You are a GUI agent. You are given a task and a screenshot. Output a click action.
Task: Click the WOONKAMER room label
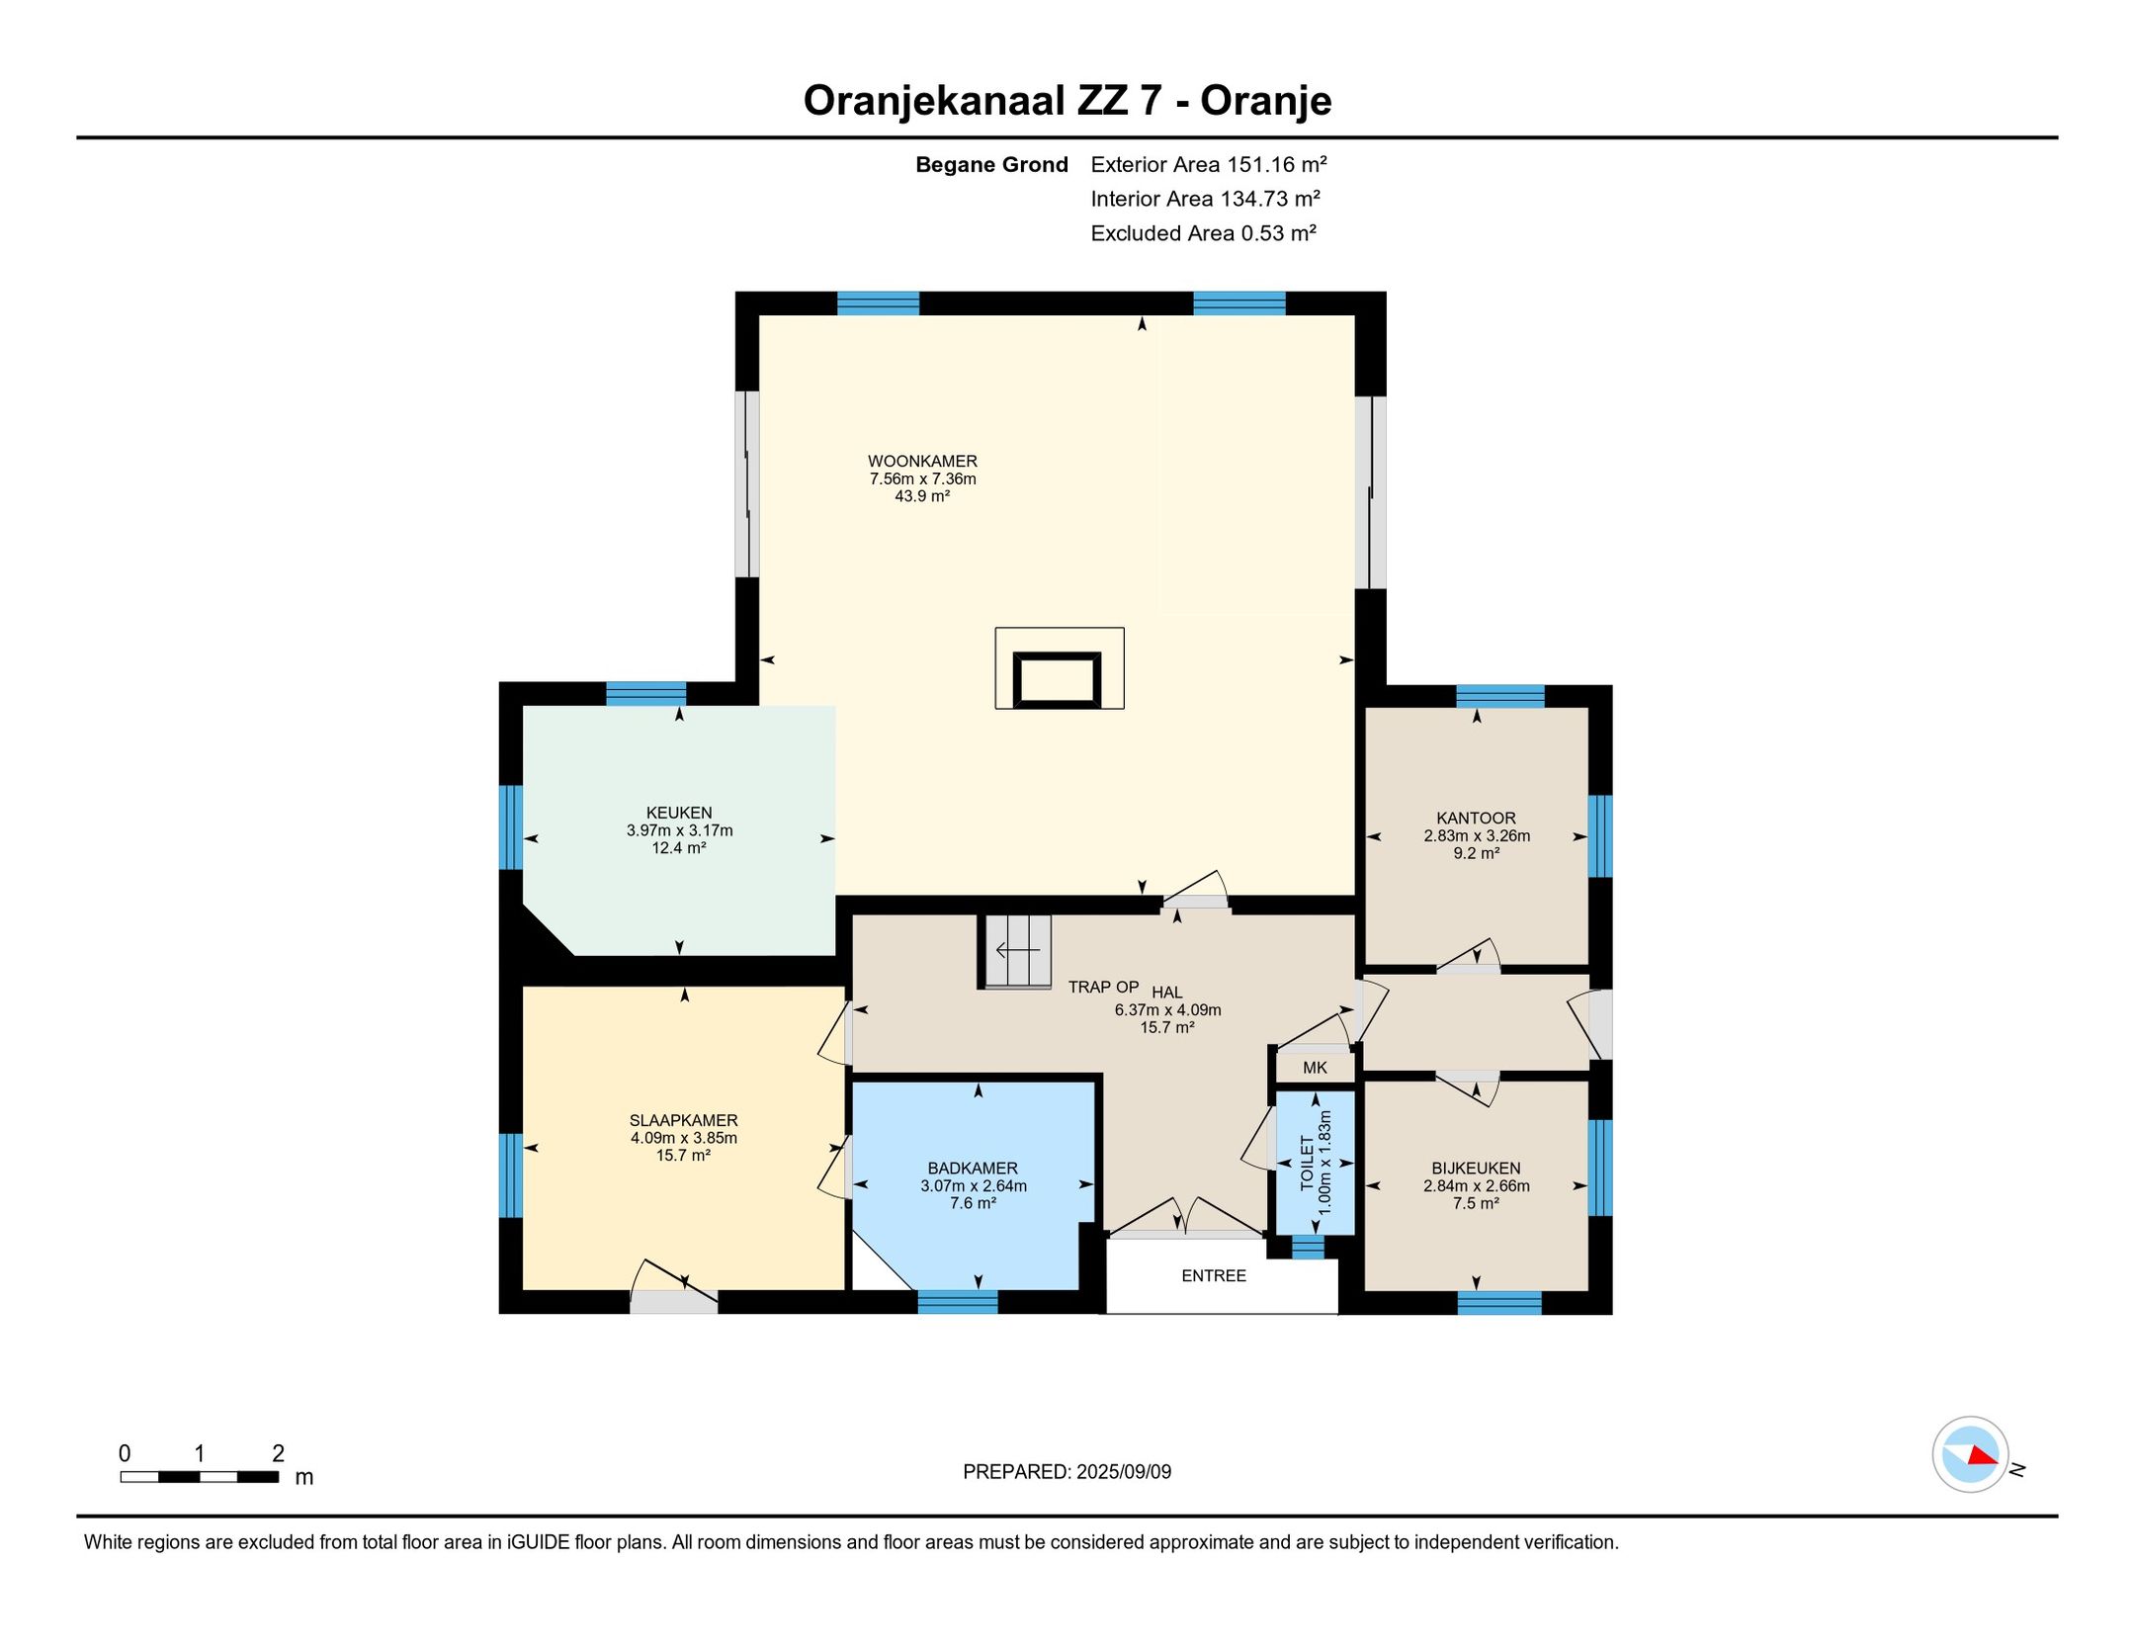pyautogui.click(x=922, y=461)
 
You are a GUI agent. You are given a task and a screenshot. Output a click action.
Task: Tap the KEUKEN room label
pyautogui.click(x=679, y=813)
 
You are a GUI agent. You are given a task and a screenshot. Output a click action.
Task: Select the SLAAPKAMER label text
pyautogui.click(x=683, y=1120)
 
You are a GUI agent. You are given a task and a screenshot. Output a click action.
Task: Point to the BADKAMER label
pyautogui.click(x=973, y=1168)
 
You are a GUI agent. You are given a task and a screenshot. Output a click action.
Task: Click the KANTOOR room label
pyautogui.click(x=1476, y=818)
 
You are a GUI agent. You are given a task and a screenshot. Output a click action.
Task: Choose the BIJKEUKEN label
pyautogui.click(x=1476, y=1168)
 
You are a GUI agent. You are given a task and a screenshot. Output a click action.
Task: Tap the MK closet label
pyautogui.click(x=1315, y=1068)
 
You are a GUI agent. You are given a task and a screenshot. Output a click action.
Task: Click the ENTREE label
pyautogui.click(x=1214, y=1275)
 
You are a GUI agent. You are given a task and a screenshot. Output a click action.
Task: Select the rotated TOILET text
pyautogui.click(x=1307, y=1163)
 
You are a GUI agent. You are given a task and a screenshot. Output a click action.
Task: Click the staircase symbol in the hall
pyautogui.click(x=1017, y=951)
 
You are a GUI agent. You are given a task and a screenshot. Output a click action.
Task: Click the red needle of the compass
pyautogui.click(x=1981, y=1456)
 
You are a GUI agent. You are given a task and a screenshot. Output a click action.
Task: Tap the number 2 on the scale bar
pyautogui.click(x=278, y=1453)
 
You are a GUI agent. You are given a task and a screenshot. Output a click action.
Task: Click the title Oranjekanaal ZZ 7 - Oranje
pyautogui.click(x=1067, y=100)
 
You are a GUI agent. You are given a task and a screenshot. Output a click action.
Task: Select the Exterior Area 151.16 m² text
pyautogui.click(x=1208, y=164)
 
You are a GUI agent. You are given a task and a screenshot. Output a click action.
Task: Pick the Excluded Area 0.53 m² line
pyautogui.click(x=1203, y=233)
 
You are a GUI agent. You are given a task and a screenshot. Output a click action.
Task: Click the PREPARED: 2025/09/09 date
pyautogui.click(x=1067, y=1472)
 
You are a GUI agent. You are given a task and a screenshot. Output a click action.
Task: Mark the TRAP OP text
pyautogui.click(x=1103, y=987)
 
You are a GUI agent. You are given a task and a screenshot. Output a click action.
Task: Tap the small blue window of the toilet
pyautogui.click(x=1308, y=1248)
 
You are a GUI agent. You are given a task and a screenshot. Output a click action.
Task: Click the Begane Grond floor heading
pyautogui.click(x=991, y=164)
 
